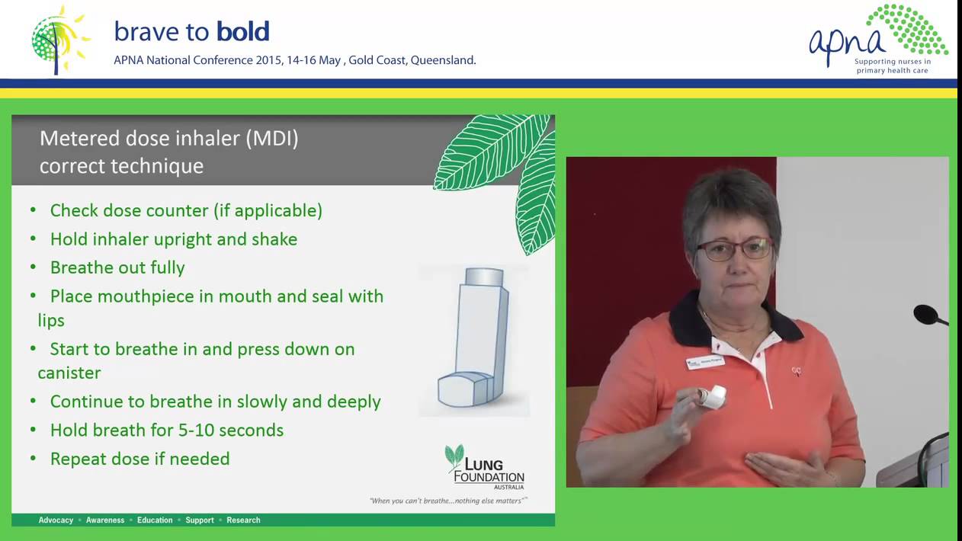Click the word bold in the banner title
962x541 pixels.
tap(242, 31)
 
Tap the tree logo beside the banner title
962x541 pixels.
tap(58, 39)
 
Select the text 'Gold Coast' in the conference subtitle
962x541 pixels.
tap(376, 60)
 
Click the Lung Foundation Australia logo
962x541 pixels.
tap(485, 467)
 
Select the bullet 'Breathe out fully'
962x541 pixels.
tap(117, 267)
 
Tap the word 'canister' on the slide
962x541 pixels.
tap(69, 373)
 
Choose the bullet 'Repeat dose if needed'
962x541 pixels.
tap(139, 459)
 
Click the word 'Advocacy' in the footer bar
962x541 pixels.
tap(56, 520)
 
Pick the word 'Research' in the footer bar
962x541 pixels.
tap(243, 520)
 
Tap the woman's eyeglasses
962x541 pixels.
tap(734, 248)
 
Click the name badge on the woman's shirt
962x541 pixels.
tap(704, 362)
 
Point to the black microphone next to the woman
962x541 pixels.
tap(928, 315)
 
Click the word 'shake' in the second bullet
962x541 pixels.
tap(274, 239)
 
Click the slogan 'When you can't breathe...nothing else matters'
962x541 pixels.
tap(448, 501)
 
